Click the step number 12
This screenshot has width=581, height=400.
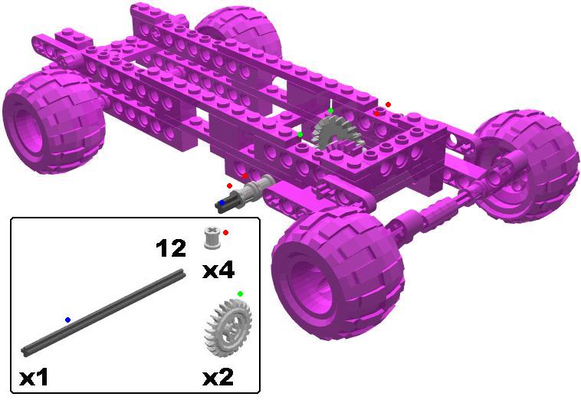click(171, 248)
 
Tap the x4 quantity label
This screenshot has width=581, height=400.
click(218, 271)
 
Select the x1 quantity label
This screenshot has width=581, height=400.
click(34, 378)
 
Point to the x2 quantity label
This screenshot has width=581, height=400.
click(218, 377)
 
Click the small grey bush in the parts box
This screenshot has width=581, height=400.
click(212, 238)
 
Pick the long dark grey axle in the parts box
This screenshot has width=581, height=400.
click(103, 313)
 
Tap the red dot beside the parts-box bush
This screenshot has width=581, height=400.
click(225, 233)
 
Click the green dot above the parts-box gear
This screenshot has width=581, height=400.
click(240, 293)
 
